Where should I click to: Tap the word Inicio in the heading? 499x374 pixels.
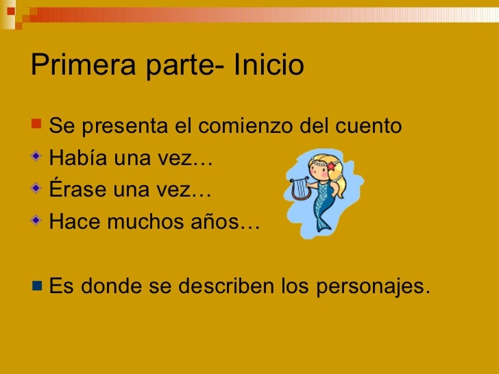(269, 65)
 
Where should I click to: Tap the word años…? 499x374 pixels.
(229, 222)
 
